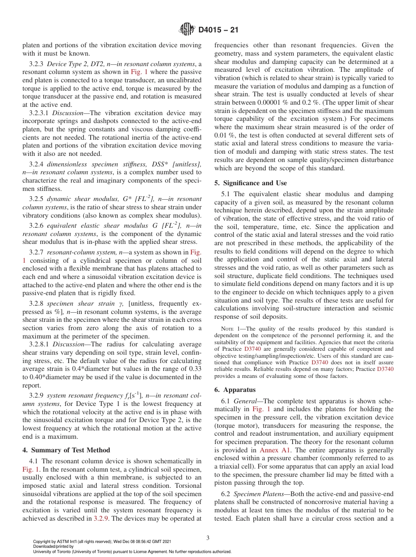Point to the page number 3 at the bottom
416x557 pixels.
[x=208, y=538]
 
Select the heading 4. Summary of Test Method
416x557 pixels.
[x=66, y=450]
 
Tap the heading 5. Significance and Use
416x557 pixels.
[x=251, y=183]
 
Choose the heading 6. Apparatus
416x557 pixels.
[x=235, y=390]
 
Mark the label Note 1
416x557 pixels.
[x=229, y=329]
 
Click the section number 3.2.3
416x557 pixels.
[x=37, y=64]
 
